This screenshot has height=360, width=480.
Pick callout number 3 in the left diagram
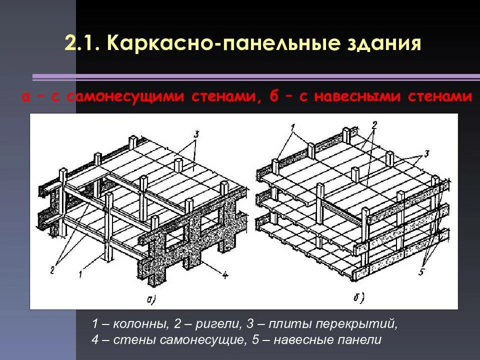pyautogui.click(x=196, y=134)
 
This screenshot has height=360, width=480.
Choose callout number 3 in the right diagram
pyautogui.click(x=426, y=153)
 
